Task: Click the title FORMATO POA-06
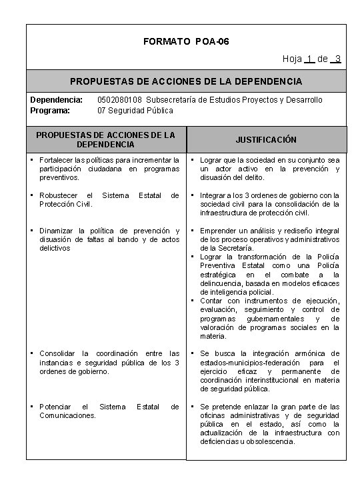[186, 41]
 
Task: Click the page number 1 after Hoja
[308, 59]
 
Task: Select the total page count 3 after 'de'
[339, 59]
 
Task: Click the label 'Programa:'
[50, 110]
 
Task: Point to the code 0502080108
[120, 100]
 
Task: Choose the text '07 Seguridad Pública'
[135, 110]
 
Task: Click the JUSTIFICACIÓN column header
[267, 140]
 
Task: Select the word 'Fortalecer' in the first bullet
[58, 160]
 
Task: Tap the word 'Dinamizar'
[59, 231]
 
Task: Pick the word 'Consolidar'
[60, 353]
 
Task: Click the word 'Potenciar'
[58, 406]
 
